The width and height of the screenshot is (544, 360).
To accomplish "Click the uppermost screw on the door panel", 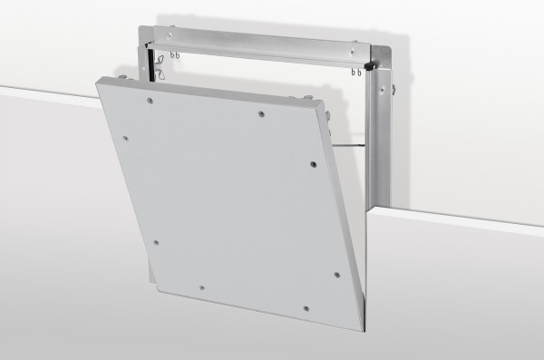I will point(259,115).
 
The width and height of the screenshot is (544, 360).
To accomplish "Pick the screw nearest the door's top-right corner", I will point(259,115).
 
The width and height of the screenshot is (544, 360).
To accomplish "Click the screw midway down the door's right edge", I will point(312,166).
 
